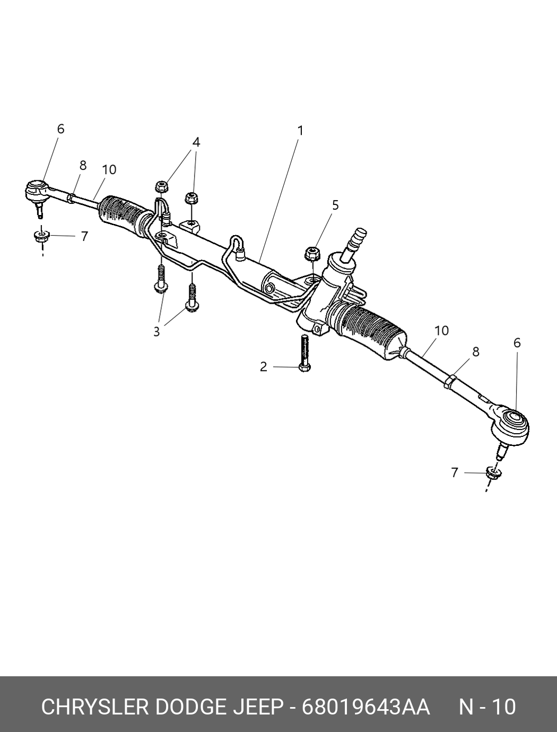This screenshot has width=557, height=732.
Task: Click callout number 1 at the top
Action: tap(300, 131)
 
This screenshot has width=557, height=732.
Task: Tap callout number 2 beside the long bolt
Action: tap(264, 367)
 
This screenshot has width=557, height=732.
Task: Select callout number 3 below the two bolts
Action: tap(156, 332)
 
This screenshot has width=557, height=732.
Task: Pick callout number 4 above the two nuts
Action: tap(196, 142)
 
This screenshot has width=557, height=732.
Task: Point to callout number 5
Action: tap(335, 205)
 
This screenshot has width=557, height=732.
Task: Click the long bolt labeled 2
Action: tap(304, 354)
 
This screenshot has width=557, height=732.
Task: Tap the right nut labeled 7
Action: tap(493, 472)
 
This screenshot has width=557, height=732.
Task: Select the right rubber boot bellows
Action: tap(371, 332)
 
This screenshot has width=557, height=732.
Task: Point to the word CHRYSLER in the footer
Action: tap(94, 707)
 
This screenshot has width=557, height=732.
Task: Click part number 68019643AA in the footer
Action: tap(365, 707)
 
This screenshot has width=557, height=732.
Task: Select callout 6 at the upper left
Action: tap(60, 129)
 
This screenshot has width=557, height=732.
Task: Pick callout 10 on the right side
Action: tap(441, 331)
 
